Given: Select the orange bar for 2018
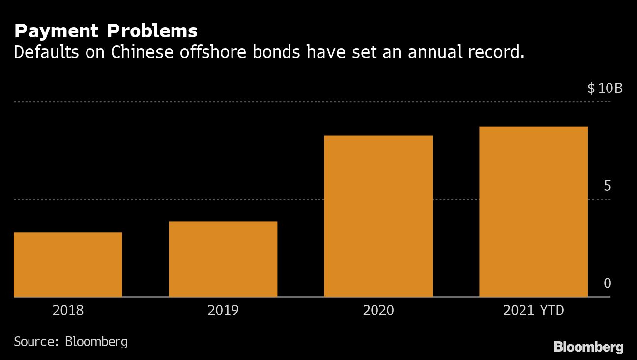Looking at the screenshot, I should (x=68, y=265).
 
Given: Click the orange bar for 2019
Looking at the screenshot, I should (x=223, y=259).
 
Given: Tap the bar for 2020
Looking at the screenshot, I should (x=378, y=216).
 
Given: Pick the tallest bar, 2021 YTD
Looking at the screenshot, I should (x=533, y=212).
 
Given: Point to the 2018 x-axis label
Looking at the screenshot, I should (x=68, y=311).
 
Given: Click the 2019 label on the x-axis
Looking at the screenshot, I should (x=223, y=311).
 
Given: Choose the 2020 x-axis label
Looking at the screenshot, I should (x=378, y=311).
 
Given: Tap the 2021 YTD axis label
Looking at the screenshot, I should (x=534, y=311).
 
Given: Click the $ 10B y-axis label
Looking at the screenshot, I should (x=605, y=89).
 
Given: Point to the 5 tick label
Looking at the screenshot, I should (x=607, y=186).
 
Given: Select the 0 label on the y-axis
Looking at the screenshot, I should (x=607, y=284).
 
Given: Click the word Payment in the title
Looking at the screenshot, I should (x=57, y=31).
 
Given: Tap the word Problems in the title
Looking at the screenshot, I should (x=152, y=31).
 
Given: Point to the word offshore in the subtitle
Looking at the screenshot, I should (x=213, y=52).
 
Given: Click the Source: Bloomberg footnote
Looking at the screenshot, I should (x=71, y=342).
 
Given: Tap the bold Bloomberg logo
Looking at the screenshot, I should (x=588, y=347).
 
